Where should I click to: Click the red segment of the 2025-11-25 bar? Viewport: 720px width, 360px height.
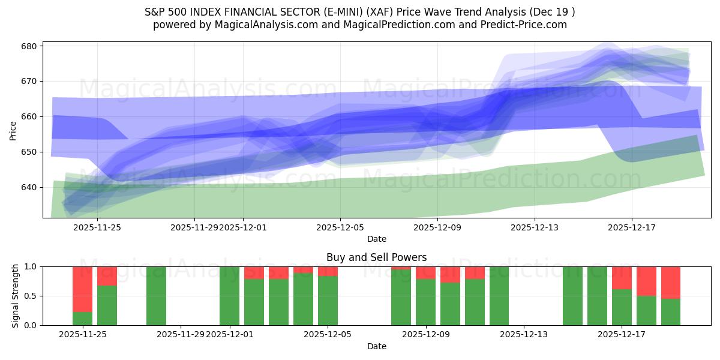[82, 289]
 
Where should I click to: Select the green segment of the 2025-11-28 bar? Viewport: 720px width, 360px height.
[156, 296]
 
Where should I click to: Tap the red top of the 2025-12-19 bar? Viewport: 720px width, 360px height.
[670, 282]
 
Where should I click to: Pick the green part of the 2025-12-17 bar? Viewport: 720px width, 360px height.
[622, 307]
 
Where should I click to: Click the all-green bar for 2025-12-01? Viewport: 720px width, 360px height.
[229, 296]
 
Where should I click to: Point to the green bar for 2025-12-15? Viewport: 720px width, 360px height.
[572, 296]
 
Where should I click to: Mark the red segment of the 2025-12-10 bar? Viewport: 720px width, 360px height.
[450, 274]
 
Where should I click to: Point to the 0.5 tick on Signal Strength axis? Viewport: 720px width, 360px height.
[31, 296]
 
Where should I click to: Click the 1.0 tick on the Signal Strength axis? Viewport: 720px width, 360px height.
[31, 266]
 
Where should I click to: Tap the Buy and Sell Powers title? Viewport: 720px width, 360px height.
[376, 257]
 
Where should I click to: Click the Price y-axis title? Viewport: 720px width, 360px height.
[13, 130]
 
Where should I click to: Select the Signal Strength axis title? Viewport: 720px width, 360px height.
[16, 296]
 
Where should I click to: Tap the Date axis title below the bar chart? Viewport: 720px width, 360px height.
[376, 346]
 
